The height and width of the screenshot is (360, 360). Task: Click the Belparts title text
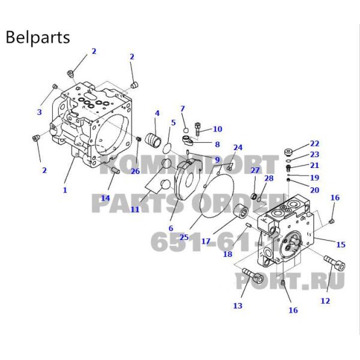pyautogui.click(x=38, y=37)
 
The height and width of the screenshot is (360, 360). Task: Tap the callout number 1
pyautogui.click(x=65, y=190)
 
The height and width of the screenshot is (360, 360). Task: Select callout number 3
pyautogui.click(x=40, y=112)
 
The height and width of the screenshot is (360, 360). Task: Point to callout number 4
pyautogui.click(x=157, y=113)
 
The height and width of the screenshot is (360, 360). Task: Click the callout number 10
pyautogui.click(x=217, y=129)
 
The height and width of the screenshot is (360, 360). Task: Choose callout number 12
pyautogui.click(x=325, y=301)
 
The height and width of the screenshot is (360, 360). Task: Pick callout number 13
pyautogui.click(x=238, y=307)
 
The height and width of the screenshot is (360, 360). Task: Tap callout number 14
pyautogui.click(x=106, y=198)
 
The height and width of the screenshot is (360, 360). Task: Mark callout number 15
pyautogui.click(x=340, y=244)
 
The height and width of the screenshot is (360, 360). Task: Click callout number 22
pyautogui.click(x=314, y=144)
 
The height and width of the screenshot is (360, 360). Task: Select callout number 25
pyautogui.click(x=184, y=237)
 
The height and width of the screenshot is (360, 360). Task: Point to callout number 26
pyautogui.click(x=135, y=172)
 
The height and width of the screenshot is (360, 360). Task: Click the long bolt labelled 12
pyautogui.click(x=332, y=265)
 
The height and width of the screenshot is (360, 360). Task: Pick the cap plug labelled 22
pyautogui.click(x=289, y=151)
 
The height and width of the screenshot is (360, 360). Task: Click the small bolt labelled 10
pyautogui.click(x=199, y=128)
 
